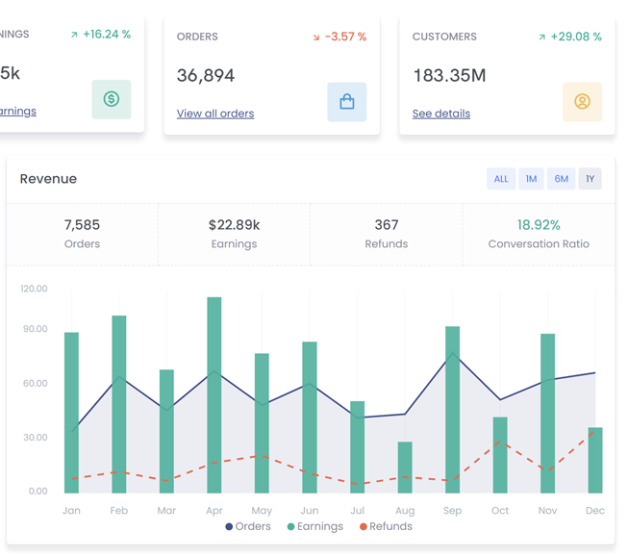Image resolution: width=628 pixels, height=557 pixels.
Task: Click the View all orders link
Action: pyautogui.click(x=215, y=114)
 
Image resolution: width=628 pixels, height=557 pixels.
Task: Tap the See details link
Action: pyautogui.click(x=441, y=114)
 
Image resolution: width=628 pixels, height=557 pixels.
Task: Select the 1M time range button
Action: pyautogui.click(x=531, y=179)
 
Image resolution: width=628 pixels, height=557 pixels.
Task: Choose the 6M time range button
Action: pyautogui.click(x=562, y=179)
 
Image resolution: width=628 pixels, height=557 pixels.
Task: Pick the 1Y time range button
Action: pyautogui.click(x=590, y=179)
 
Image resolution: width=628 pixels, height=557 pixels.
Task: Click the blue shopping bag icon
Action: pyautogui.click(x=346, y=101)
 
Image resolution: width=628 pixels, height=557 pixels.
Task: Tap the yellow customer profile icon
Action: pyautogui.click(x=582, y=101)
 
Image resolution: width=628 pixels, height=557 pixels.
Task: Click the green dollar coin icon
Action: pyautogui.click(x=112, y=99)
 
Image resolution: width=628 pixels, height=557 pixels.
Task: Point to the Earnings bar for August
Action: pyautogui.click(x=405, y=468)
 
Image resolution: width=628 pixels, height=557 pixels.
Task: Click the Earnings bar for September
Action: pyautogui.click(x=452, y=410)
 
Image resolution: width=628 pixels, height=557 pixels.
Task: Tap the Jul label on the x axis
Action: pyautogui.click(x=357, y=510)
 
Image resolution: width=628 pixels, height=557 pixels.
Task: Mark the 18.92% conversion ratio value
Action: pyautogui.click(x=539, y=225)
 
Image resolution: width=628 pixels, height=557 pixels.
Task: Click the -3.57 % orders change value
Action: pyautogui.click(x=345, y=37)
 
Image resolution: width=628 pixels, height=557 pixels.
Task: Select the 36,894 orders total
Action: pyautogui.click(x=206, y=75)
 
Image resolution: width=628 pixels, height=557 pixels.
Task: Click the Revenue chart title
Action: pyautogui.click(x=48, y=179)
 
